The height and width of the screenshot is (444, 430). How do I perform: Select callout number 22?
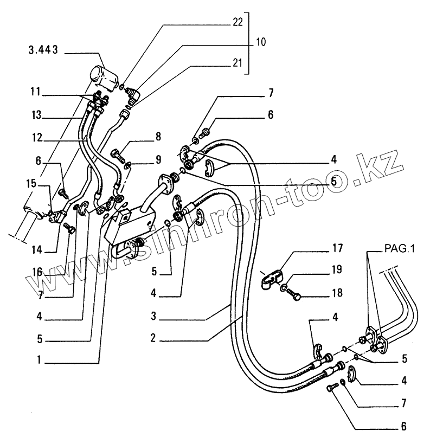[236, 23]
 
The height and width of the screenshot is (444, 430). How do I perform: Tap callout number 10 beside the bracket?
[261, 42]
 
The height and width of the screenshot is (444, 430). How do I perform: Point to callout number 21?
[236, 63]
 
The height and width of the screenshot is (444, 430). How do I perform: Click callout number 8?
[158, 138]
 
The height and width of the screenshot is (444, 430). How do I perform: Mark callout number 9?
[158, 159]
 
